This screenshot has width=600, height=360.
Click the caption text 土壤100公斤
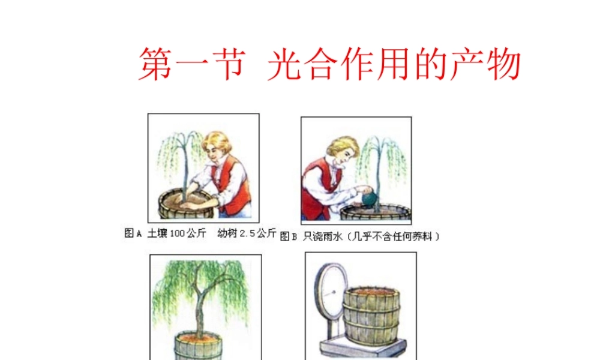(x=175, y=233)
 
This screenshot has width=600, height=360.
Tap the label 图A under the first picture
(x=133, y=233)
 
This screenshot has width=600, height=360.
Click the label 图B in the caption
(x=289, y=236)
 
